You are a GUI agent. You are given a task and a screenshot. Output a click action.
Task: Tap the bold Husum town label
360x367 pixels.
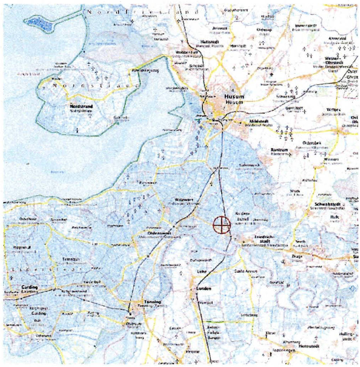[233, 97]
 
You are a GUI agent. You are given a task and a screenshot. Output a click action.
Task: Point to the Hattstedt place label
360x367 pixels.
[210, 42]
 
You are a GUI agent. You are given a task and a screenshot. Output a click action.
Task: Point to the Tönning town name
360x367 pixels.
[151, 302]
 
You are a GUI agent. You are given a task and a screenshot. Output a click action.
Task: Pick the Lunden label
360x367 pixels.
[204, 289]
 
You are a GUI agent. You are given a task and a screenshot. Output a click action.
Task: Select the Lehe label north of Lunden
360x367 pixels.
[201, 271]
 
